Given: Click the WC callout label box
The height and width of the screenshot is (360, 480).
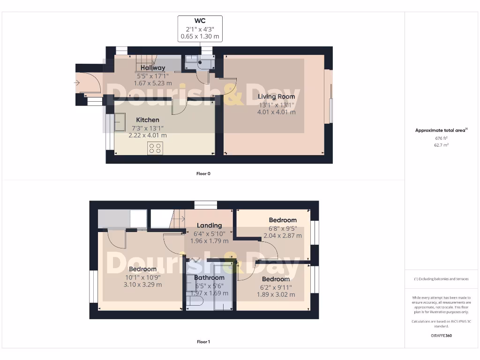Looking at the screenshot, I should click(200, 29).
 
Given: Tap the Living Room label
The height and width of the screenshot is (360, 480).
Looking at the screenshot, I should click(277, 97).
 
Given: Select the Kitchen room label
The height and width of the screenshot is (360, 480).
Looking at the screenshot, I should click(148, 120).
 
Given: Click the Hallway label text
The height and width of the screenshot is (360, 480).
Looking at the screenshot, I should click(153, 68).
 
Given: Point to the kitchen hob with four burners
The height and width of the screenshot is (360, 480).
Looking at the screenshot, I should click(155, 149).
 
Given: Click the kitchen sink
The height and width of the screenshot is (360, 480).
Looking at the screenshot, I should click(120, 122).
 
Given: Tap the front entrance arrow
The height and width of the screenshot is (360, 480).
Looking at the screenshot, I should click(77, 83).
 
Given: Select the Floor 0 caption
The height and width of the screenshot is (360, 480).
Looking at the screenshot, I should click(203, 173).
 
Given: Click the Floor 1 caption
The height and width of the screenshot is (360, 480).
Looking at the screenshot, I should click(203, 342).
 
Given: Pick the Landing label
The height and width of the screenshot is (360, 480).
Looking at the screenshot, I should click(209, 226).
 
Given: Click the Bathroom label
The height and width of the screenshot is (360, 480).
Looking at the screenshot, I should click(209, 277).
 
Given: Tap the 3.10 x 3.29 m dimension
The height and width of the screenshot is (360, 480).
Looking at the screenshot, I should click(142, 285).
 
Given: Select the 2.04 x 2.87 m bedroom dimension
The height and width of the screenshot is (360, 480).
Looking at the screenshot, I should click(283, 236).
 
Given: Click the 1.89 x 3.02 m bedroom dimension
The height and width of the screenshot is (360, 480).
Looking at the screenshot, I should click(276, 294).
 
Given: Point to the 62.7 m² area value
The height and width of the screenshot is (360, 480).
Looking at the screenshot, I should click(441, 145).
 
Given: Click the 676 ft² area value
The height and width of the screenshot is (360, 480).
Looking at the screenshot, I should click(441, 138).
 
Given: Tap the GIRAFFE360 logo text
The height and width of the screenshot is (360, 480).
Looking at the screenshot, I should click(441, 336).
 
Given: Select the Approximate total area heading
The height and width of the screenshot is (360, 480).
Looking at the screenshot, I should click(441, 130).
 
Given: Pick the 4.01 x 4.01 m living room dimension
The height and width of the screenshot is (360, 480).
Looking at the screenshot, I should click(277, 112).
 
